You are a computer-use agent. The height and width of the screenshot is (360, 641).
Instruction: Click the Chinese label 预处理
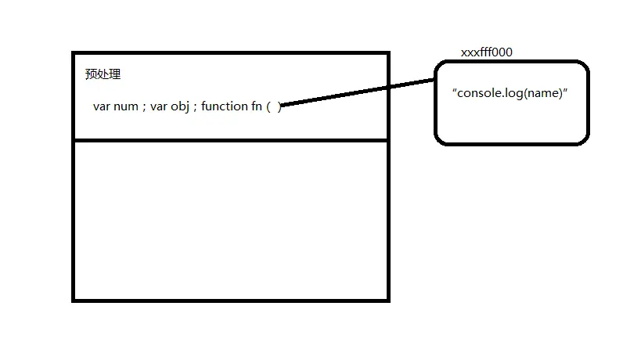(x=103, y=75)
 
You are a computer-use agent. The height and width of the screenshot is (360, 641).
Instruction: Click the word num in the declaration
(x=126, y=106)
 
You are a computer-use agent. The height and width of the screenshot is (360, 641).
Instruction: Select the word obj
(x=179, y=106)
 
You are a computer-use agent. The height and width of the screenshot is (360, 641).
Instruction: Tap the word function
(x=224, y=106)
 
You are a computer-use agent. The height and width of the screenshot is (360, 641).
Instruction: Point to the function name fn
(x=256, y=106)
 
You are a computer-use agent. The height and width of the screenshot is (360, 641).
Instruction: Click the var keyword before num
(x=102, y=106)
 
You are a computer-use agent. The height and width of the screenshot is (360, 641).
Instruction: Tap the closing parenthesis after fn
(x=279, y=106)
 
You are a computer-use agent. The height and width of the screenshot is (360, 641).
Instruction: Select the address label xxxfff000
(x=487, y=52)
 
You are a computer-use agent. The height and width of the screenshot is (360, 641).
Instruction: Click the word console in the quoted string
(x=480, y=93)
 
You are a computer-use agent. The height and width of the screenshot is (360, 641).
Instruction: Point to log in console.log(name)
(x=513, y=93)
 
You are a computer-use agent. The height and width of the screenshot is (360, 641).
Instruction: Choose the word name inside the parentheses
(x=542, y=93)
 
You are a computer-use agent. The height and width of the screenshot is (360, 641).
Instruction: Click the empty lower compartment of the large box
(x=230, y=219)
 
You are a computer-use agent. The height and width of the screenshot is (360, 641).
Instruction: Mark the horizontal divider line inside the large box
(x=230, y=140)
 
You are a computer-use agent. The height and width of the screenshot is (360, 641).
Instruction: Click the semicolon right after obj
(x=194, y=107)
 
